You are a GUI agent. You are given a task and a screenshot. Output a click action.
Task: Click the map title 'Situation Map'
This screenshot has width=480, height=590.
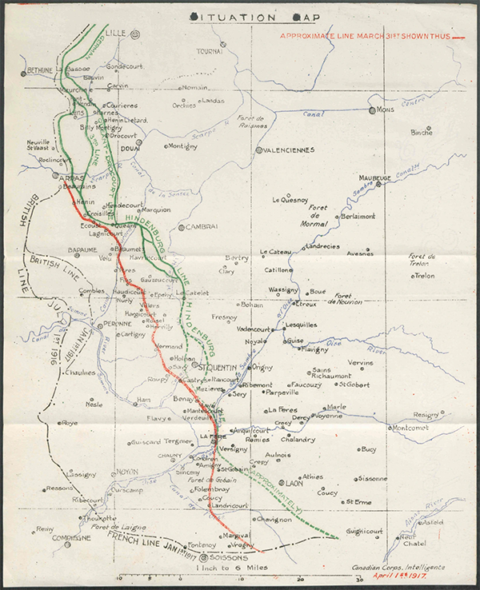tap(240, 15)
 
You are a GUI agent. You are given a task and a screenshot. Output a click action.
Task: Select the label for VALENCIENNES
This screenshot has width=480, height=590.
tap(290, 150)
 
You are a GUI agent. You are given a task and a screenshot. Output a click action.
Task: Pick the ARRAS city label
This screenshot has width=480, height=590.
tap(71, 177)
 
